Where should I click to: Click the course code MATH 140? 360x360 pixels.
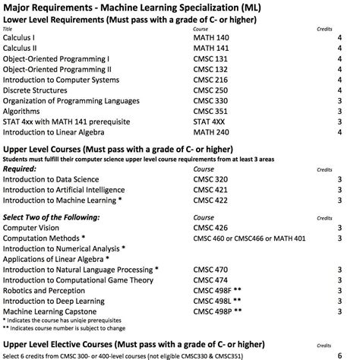click(212, 36)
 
